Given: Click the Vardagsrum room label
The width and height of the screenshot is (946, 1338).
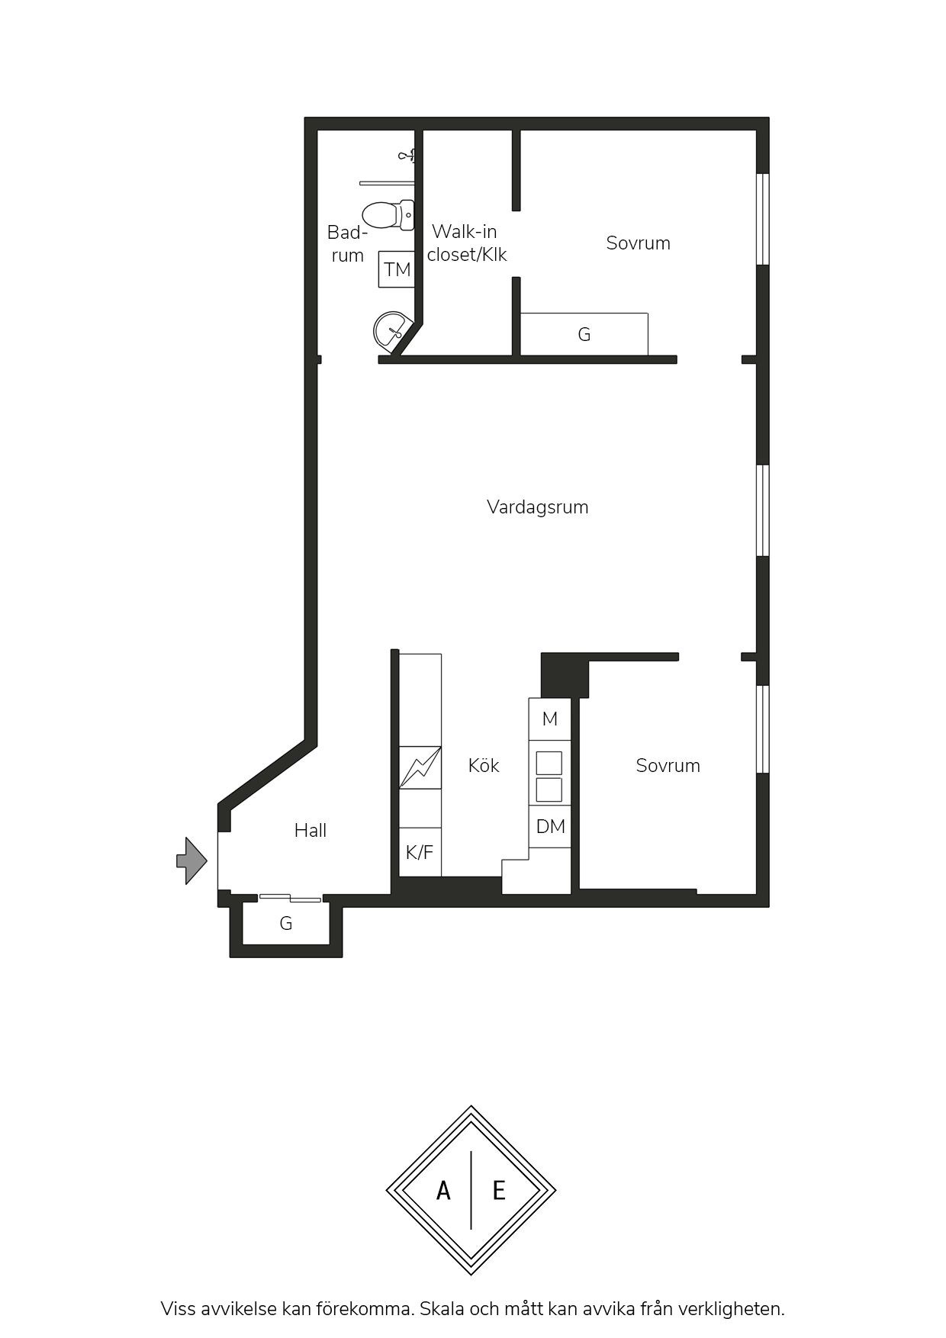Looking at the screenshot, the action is coord(537,507).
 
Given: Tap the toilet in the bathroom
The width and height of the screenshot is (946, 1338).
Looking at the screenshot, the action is coord(388,215).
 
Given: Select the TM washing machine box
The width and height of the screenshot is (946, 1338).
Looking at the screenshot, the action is coord(397,269).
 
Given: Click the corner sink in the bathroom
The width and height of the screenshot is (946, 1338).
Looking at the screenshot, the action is coord(392,332).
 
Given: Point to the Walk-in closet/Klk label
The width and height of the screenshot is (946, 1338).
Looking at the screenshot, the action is coord(466,243).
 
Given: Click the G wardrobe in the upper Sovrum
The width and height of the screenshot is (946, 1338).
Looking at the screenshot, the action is coord(584,334).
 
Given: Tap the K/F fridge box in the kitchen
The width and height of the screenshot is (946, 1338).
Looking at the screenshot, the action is coord(420,852).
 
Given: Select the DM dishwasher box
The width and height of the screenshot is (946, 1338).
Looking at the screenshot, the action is coord(550,827).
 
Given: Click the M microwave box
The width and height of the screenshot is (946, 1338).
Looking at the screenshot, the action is coord(550,719).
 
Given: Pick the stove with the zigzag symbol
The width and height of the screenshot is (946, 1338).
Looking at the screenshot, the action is coord(420,767).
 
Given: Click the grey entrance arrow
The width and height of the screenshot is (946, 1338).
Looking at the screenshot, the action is coord(191,860).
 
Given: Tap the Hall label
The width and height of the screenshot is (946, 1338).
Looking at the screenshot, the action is coord(311,830).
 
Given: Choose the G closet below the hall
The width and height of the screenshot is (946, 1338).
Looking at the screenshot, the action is coord(286,924).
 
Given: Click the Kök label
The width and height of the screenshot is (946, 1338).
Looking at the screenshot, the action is coord(484,765).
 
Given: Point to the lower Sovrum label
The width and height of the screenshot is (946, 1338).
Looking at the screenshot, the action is coord(668,766).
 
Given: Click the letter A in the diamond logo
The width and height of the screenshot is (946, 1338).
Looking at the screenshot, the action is coord(443,1191).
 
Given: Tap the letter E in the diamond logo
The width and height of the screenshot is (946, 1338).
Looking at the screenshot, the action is coord(499,1191).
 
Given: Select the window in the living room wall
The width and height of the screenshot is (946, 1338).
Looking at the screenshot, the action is coord(762,510).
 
